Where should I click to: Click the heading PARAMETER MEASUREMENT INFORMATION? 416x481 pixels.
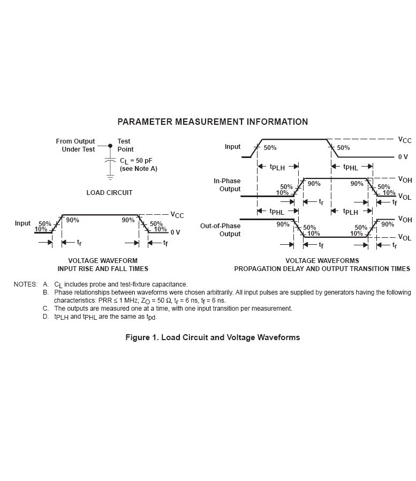[213, 122]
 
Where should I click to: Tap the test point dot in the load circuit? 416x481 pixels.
[110, 146]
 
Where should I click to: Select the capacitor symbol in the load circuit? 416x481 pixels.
[110, 161]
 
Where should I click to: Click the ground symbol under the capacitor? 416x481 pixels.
[110, 177]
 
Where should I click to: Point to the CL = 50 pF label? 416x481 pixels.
[136, 161]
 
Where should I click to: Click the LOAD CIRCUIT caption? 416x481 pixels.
[109, 193]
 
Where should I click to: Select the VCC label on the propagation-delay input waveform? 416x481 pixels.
[405, 140]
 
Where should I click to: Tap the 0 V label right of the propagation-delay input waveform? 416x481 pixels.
[403, 157]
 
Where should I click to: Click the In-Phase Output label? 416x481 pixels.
[227, 185]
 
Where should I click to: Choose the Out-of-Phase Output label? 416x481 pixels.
[220, 230]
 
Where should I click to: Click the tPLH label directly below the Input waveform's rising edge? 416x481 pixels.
[277, 167]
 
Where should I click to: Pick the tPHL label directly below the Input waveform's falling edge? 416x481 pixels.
[351, 167]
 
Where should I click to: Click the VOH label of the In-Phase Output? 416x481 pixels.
[405, 179]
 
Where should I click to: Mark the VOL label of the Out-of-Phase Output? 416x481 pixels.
[405, 237]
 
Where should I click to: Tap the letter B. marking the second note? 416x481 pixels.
[46, 292]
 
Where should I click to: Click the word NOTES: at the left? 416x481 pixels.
[26, 284]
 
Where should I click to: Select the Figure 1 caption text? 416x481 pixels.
[213, 337]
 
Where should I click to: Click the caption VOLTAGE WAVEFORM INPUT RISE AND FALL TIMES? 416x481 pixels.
[103, 265]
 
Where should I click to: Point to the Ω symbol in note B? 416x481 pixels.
[169, 300]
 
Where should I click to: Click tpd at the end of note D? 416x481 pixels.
[152, 317]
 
